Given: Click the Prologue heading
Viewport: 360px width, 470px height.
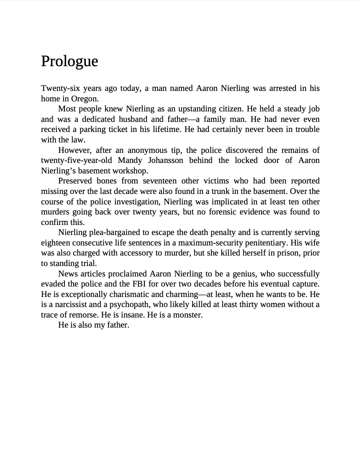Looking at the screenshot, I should pyautogui.click(x=69, y=61).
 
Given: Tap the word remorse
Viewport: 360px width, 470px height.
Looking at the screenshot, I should pyautogui.click(x=82, y=315).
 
